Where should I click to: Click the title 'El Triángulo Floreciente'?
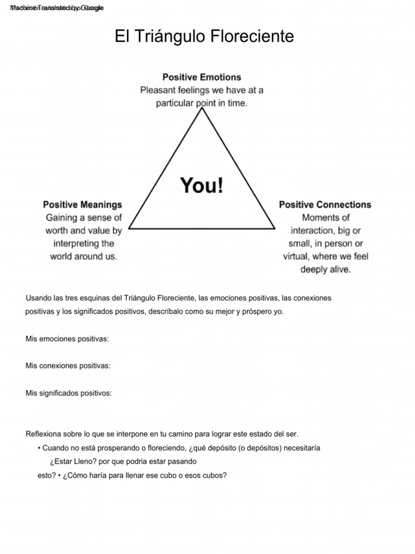click(204, 37)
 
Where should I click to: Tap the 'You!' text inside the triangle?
click(202, 186)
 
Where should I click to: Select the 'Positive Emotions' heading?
click(202, 77)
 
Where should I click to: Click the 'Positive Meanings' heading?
click(83, 205)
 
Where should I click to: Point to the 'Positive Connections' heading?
click(325, 205)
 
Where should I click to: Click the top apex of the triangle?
click(202, 109)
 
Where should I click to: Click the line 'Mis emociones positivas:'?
click(67, 339)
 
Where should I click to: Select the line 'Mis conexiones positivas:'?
click(68, 366)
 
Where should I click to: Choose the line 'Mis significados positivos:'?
click(69, 393)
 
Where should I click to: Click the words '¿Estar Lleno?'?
click(70, 462)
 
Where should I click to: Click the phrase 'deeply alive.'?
click(325, 269)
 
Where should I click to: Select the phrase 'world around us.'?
click(83, 256)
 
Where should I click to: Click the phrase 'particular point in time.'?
click(202, 103)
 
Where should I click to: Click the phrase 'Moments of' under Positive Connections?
click(325, 217)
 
